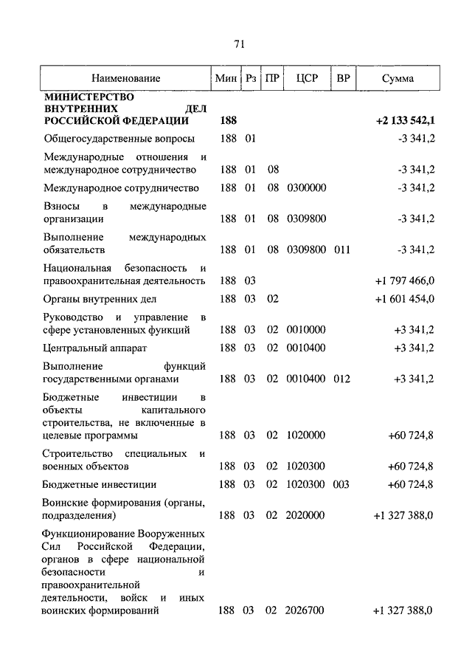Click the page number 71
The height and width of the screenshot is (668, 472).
[x=238, y=44]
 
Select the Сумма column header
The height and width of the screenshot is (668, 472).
[x=398, y=78]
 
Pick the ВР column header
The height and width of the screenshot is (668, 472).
[x=342, y=78]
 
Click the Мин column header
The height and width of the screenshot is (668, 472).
[x=224, y=78]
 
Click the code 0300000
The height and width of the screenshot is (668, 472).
[x=306, y=188]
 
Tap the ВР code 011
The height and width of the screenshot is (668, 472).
[x=341, y=249]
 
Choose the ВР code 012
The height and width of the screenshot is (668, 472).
[x=341, y=379]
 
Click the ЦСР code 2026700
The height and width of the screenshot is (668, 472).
[x=306, y=610]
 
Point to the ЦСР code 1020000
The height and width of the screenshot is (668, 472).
[x=306, y=435]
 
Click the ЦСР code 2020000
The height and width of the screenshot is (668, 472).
[x=306, y=515]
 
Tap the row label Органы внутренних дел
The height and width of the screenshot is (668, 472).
[x=100, y=299]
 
